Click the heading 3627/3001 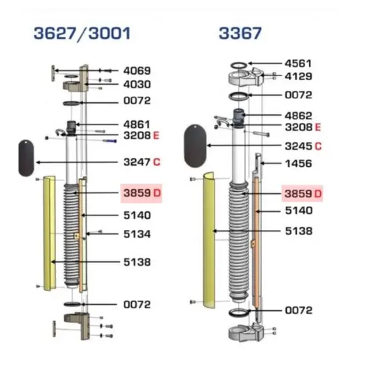coord(82,33)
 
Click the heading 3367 coord(240,33)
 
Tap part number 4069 coord(137,71)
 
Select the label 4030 coord(137,84)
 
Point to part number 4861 coord(137,124)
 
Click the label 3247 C coord(142,162)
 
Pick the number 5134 coord(137,234)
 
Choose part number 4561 coord(298,63)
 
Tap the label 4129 coord(298,76)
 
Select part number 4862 coord(298,116)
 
